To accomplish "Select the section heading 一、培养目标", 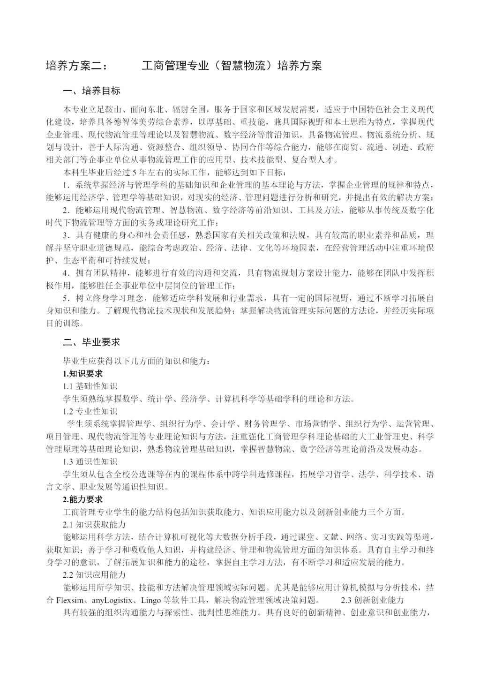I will [91, 91].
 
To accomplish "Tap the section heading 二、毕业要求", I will [91, 343].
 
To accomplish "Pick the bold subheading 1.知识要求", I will [82, 374].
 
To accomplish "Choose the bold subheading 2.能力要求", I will [82, 499].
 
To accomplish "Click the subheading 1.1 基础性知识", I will [90, 386].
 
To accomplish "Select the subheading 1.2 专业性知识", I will [90, 411].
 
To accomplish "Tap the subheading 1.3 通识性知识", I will [90, 461].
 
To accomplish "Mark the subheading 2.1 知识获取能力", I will [94, 524].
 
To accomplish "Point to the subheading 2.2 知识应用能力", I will [94, 574].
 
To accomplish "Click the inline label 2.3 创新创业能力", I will [372, 600].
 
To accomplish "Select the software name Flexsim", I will [69, 600].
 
